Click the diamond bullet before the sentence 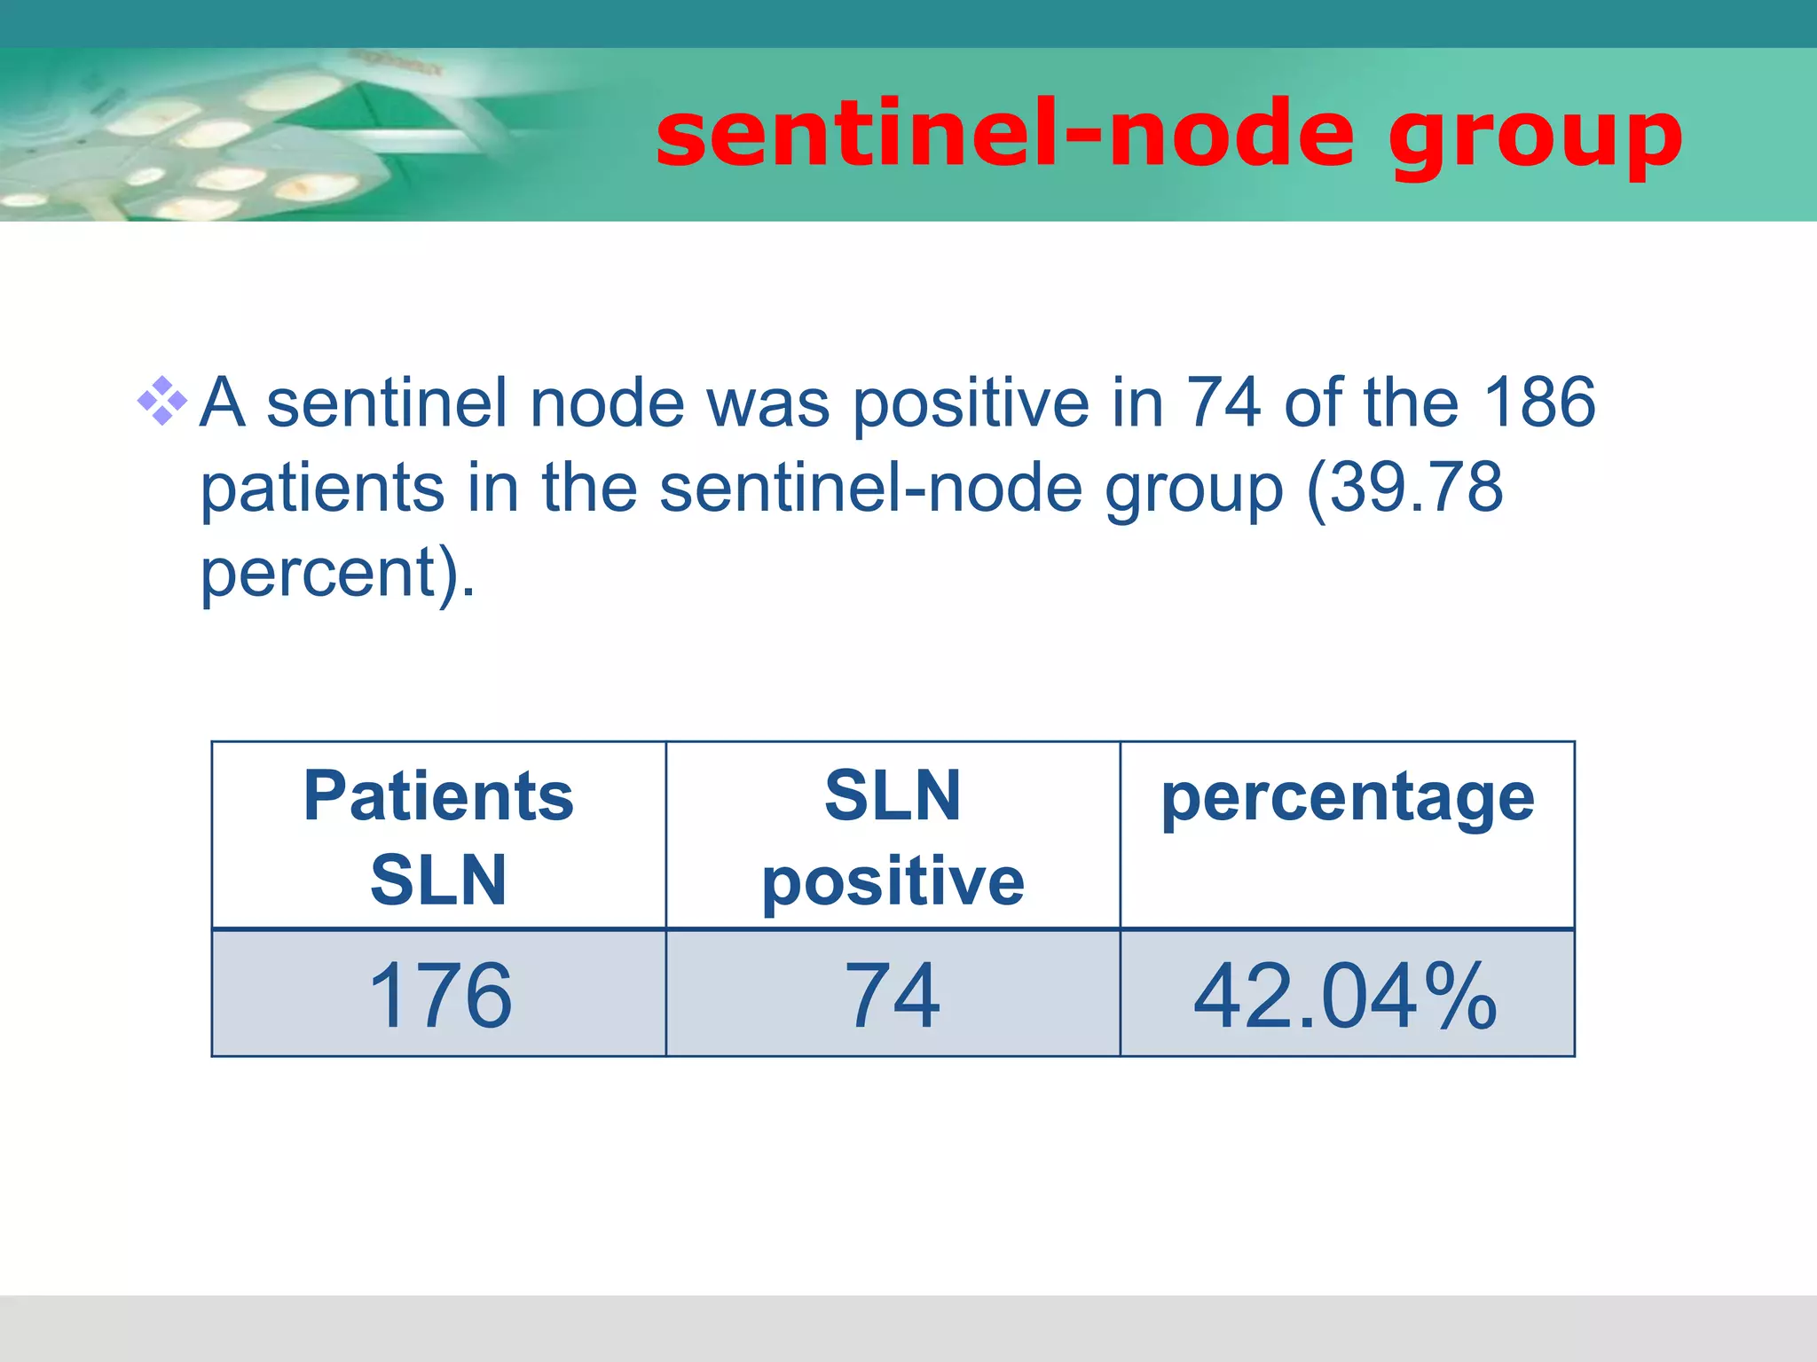pos(162,402)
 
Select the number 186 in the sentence pos(1539,403)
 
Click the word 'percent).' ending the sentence pos(337,574)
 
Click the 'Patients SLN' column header pos(438,836)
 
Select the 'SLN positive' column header pos(893,836)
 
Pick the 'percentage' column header pos(1347,798)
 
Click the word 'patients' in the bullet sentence pos(322,489)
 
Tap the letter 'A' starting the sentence pos(221,403)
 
